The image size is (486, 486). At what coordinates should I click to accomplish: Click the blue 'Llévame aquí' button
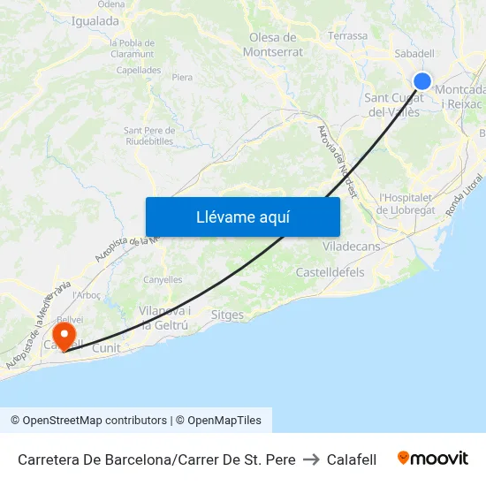243,216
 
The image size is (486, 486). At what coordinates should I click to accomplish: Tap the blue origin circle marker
422,81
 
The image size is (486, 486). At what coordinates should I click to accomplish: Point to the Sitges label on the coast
228,314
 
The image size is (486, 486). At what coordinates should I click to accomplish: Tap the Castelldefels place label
330,272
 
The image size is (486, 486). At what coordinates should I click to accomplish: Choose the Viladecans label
352,247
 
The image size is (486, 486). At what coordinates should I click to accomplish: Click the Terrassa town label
347,36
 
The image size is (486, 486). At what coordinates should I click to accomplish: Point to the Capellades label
138,69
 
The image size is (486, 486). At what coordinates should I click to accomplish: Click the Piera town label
182,78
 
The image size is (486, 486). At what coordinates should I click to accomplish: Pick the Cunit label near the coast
105,348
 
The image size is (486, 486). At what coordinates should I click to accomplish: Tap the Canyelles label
163,280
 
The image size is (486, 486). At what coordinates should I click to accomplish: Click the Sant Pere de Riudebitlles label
148,135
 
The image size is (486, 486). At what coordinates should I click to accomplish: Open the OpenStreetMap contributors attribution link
88,421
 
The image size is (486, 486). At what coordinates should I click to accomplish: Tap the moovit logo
432,459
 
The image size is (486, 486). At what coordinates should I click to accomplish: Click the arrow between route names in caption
311,459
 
